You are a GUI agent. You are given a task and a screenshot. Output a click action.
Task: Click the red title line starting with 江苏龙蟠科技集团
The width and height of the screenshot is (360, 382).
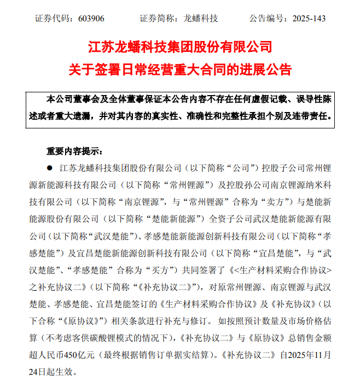click(x=179, y=46)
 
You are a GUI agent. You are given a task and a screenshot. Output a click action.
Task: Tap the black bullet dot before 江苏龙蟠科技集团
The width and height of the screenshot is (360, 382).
click(x=50, y=168)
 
